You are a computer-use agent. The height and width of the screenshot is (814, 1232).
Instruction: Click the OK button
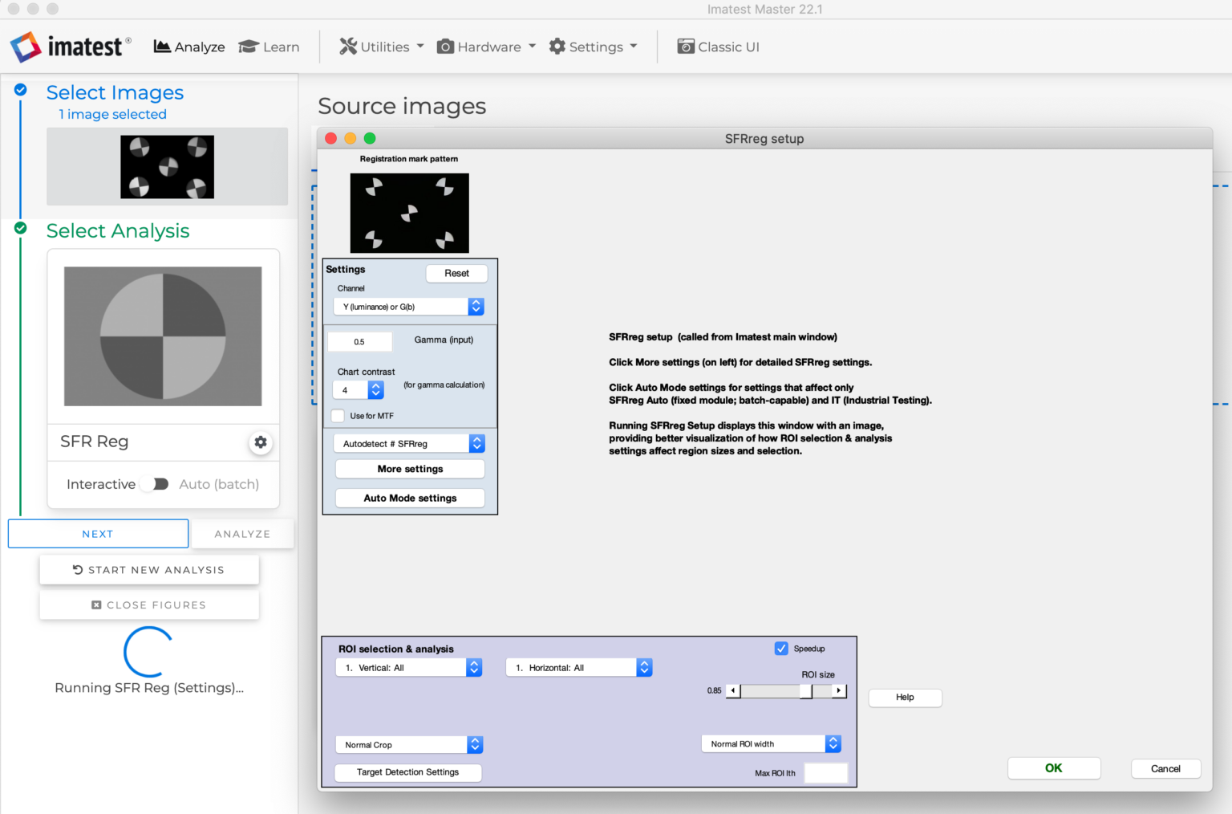coord(1053,768)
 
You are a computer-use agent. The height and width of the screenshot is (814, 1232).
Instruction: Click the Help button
coord(905,698)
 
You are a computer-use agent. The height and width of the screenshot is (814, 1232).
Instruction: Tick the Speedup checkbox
coord(781,649)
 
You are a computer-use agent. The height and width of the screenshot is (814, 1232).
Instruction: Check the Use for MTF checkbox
coord(338,416)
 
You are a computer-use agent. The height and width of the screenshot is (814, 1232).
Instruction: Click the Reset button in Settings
coord(456,274)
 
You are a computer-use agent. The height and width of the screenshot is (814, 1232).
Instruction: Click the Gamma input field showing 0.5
coord(360,342)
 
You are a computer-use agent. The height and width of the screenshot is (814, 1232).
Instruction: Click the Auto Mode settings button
coord(410,499)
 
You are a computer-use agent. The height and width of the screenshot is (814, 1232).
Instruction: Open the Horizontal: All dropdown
coord(579,668)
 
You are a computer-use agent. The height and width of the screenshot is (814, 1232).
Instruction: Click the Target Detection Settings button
coord(408,772)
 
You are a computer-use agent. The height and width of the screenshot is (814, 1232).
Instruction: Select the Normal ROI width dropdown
coord(771,744)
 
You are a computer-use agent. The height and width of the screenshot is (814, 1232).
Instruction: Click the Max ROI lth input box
coord(825,773)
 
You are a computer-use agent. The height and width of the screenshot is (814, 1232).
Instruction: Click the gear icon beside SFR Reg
coord(261,442)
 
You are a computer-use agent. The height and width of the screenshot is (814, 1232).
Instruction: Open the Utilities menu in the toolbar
coord(382,47)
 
